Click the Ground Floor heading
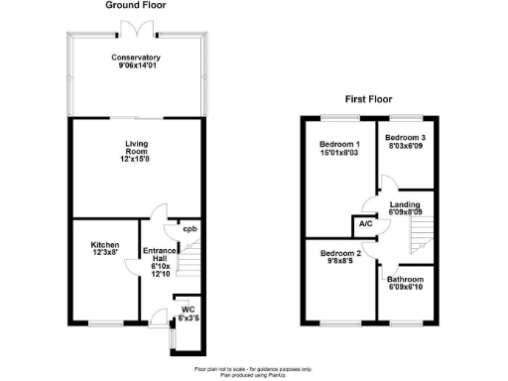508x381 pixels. coord(136,6)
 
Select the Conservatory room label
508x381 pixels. coord(136,57)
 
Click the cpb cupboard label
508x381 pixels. coord(189,229)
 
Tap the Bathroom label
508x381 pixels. coord(406,281)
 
